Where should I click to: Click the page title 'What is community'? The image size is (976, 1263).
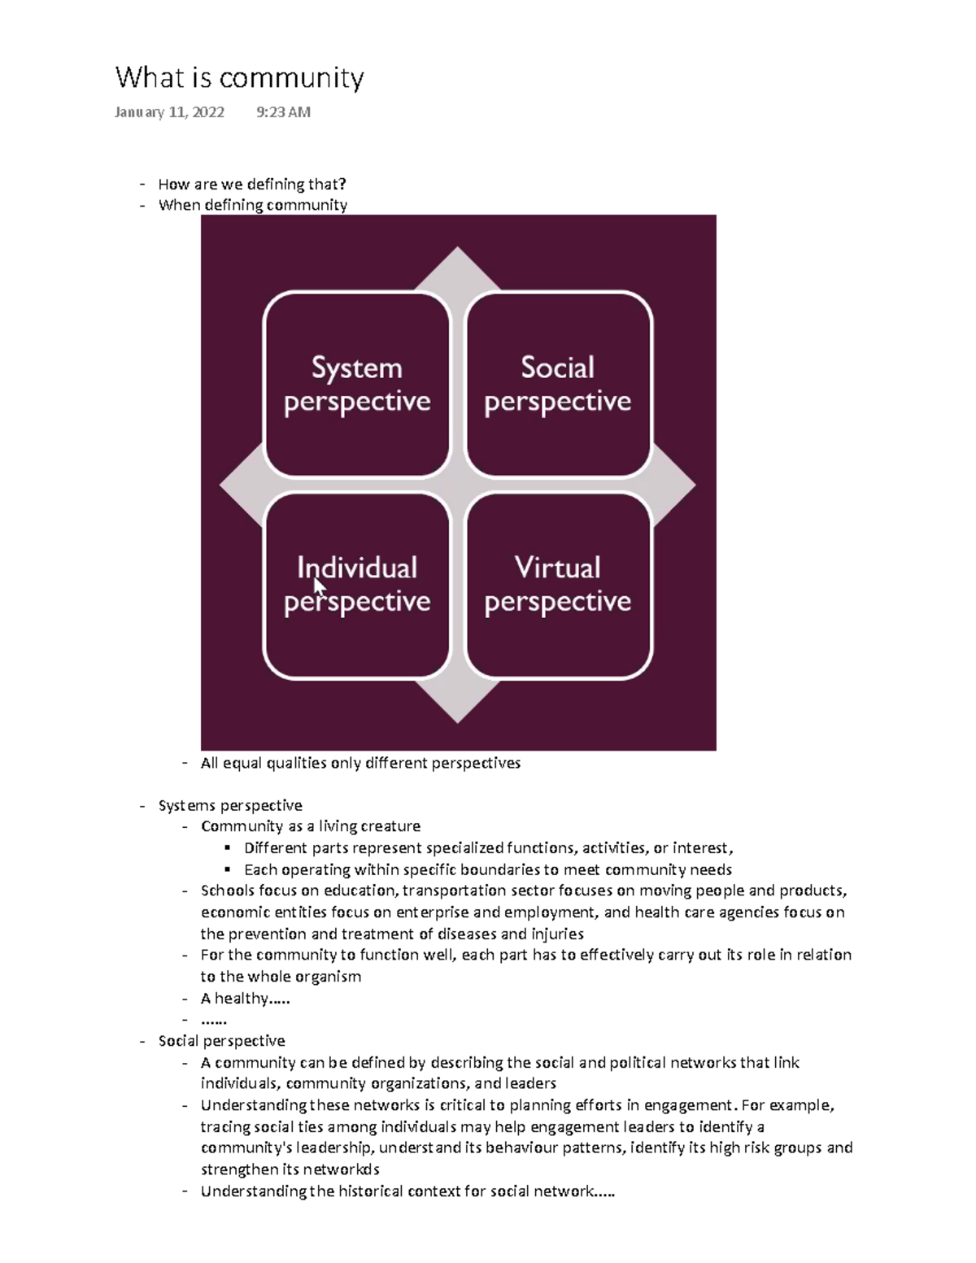click(239, 78)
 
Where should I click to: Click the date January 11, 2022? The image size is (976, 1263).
click(169, 112)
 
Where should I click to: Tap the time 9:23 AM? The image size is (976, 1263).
click(283, 112)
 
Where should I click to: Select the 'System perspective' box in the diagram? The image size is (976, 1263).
click(357, 384)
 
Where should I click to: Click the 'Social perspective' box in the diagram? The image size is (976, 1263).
click(558, 384)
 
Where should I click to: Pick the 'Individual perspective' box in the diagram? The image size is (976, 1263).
click(357, 585)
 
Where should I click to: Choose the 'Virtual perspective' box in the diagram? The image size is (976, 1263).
click(558, 585)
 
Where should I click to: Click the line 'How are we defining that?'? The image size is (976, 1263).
click(252, 184)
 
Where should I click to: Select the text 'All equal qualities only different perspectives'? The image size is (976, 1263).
click(360, 763)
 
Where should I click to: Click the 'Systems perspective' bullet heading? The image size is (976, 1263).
click(230, 805)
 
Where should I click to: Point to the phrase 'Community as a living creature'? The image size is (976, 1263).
click(311, 826)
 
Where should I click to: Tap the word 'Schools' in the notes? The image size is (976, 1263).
click(228, 891)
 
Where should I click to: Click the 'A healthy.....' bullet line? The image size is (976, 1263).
click(246, 998)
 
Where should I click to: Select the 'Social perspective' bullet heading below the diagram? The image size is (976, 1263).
click(221, 1041)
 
